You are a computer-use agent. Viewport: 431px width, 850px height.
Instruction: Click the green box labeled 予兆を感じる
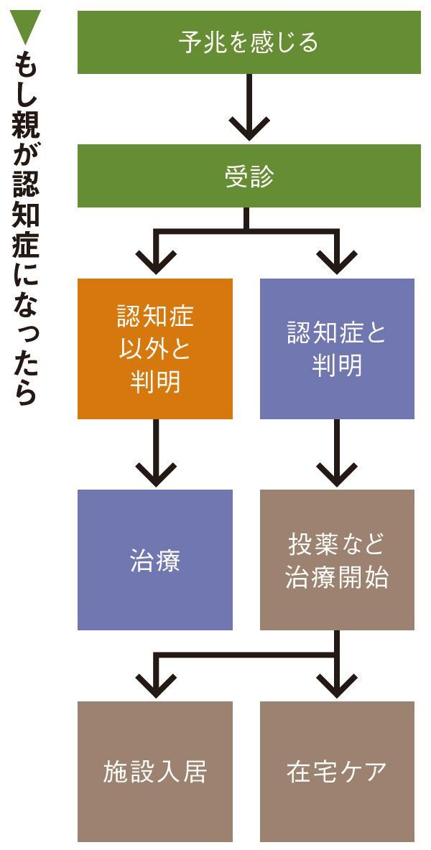[249, 42]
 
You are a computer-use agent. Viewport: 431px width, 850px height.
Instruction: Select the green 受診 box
[249, 177]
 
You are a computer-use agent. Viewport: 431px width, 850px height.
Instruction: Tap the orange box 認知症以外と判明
[155, 349]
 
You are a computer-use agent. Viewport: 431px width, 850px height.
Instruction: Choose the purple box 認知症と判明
[337, 349]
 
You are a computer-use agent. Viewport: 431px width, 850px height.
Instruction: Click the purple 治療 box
[155, 560]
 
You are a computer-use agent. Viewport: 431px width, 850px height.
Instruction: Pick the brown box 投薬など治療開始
[337, 560]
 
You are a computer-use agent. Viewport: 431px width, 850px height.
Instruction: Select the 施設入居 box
[155, 772]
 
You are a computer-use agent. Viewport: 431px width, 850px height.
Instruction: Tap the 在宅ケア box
[337, 772]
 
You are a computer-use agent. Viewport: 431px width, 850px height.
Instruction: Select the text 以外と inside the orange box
[155, 349]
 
